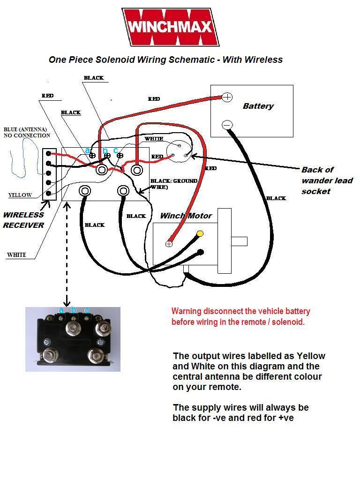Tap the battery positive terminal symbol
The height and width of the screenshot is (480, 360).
227,97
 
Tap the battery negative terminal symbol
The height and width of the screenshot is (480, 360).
227,125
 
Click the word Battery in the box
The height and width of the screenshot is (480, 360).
258,106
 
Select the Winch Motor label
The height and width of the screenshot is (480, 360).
186,216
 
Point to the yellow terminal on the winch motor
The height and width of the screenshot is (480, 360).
200,233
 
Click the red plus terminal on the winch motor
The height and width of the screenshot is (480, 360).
169,244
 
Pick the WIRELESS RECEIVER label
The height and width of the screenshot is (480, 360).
23,220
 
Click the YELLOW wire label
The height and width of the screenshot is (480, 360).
20,195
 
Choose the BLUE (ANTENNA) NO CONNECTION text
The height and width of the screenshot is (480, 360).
27,132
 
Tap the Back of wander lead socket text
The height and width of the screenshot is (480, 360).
327,180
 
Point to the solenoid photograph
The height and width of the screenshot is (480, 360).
73,339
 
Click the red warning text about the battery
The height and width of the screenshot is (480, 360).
240,316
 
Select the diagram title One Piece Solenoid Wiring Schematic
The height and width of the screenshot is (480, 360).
165,60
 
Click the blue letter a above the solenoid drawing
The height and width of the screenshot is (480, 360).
88,150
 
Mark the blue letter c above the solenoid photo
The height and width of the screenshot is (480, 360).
87,310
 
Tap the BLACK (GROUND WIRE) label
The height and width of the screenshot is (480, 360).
173,184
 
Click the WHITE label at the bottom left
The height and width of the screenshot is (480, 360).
16,255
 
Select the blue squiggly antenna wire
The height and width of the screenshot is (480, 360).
23,159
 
